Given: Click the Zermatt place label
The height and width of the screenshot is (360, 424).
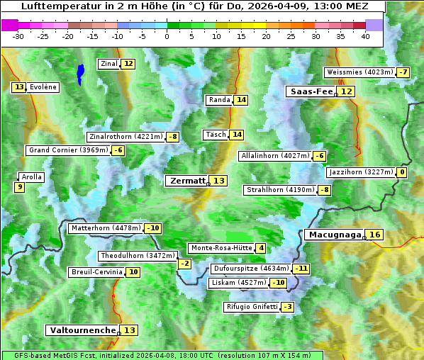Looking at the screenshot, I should pos(188,181).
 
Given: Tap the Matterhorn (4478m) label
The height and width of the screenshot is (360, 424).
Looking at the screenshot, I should pos(105,228).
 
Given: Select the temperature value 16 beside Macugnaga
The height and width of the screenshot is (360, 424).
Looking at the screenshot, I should pos(375,235).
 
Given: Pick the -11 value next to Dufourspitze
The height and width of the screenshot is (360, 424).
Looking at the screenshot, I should pos(302,269).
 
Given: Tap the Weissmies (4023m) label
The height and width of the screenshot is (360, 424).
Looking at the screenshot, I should pos(359,72).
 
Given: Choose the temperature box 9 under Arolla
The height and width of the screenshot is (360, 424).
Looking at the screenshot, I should pos(19,187).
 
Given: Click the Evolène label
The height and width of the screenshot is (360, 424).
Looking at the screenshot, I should pos(43,87).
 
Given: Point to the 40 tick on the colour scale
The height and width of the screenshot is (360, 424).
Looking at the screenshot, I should pos(365,35).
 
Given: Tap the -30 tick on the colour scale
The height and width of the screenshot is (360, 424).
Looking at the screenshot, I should pos(18,35).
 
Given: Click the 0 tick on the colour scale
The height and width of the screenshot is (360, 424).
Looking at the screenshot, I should pos(167,35).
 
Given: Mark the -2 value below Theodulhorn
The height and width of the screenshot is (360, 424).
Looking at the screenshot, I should pos(184,264).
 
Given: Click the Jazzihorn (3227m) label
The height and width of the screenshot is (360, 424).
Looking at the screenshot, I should pos(360,172).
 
